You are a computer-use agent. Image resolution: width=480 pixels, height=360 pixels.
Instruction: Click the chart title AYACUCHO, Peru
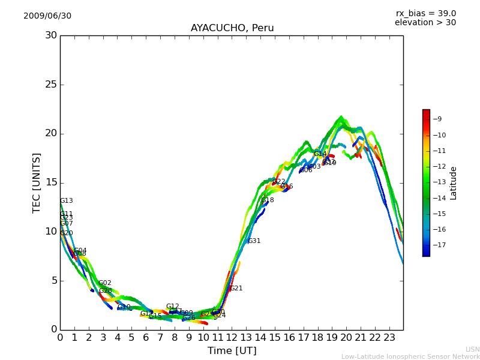(x=232, y=28)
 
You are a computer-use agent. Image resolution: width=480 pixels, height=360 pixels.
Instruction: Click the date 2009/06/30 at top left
(x=47, y=16)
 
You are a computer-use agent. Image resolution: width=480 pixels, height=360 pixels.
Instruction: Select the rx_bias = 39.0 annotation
(x=425, y=14)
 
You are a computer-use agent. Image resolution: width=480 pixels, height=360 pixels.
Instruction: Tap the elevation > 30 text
(x=425, y=23)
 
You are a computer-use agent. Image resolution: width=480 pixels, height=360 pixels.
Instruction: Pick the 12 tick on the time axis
(x=232, y=338)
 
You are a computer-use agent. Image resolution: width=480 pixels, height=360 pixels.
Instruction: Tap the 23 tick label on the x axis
(x=389, y=338)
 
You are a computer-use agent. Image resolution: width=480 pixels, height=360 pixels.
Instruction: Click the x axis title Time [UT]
(x=232, y=350)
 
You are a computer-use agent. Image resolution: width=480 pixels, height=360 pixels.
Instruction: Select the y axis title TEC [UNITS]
(x=37, y=182)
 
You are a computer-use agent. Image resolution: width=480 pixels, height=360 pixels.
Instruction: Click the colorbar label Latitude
(x=454, y=183)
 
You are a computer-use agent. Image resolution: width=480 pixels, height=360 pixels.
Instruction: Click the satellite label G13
(x=66, y=201)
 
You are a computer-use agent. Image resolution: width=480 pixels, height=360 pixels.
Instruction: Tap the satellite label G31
(x=254, y=241)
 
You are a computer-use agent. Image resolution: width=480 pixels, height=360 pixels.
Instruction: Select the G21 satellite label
(x=236, y=289)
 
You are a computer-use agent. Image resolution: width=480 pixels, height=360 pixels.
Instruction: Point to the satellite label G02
(x=104, y=283)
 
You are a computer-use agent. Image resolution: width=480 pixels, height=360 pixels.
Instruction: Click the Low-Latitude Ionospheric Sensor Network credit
(x=410, y=357)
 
